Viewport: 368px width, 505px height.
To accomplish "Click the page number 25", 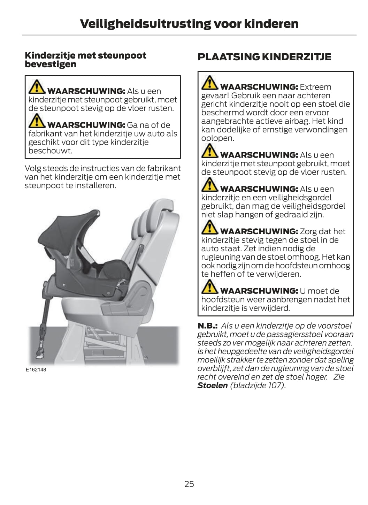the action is tap(189, 484).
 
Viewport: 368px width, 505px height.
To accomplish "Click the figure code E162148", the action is tap(36, 369).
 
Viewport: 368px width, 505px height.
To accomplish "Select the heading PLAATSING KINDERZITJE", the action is tap(264, 57).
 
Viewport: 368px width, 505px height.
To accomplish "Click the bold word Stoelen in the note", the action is tap(213, 385).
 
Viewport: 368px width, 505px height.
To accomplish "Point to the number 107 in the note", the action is tap(274, 385).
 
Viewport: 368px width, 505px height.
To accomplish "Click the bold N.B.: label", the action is tap(207, 326).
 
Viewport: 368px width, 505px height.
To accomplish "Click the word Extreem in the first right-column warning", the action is tap(315, 87).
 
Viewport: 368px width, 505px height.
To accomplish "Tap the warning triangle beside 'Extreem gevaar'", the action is tap(209, 83).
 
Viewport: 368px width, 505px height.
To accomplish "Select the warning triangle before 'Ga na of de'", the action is tap(37, 121).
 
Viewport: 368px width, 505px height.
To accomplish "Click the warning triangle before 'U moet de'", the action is tap(209, 286).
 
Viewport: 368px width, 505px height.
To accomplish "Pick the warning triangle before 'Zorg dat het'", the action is tap(209, 227).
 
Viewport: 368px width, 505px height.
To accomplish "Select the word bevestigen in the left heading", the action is tap(51, 64).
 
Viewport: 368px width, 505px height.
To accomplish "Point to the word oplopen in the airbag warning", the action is tap(217, 138).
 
